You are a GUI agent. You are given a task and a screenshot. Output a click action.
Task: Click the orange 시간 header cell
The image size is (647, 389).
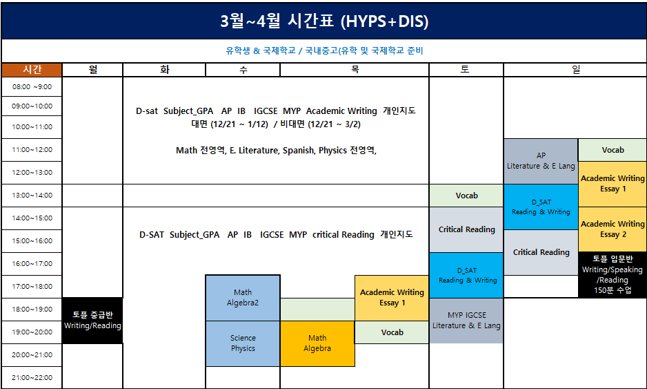(x=32, y=70)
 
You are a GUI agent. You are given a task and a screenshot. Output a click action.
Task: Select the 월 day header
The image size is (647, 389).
(x=93, y=70)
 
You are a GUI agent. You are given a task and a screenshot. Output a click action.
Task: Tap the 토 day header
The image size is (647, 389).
(x=466, y=70)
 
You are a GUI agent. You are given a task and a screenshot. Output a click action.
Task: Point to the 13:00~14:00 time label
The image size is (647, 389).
(x=32, y=195)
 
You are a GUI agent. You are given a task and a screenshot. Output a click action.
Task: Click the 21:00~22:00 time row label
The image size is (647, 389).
(x=32, y=377)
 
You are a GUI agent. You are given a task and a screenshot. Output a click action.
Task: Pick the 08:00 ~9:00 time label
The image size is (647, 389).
(x=32, y=87)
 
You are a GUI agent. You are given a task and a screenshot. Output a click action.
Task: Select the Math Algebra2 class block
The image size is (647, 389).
(x=243, y=298)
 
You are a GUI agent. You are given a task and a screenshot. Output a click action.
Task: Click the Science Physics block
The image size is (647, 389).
(x=243, y=343)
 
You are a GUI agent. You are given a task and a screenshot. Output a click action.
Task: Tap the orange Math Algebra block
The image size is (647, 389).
(x=317, y=343)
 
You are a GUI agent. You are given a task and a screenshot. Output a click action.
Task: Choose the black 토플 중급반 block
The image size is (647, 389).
(x=92, y=321)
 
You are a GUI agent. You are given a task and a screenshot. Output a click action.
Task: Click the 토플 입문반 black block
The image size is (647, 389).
(x=613, y=274)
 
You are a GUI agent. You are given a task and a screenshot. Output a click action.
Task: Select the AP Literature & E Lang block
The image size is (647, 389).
(x=541, y=161)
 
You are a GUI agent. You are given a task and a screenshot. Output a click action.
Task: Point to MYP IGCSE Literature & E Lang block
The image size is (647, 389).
(x=466, y=321)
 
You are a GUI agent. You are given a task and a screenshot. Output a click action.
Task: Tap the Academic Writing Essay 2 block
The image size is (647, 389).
(x=613, y=229)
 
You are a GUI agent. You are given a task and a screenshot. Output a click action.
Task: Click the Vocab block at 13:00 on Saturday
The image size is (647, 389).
(x=466, y=196)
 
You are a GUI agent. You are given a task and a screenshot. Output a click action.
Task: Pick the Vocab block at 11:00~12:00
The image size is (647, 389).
(x=613, y=150)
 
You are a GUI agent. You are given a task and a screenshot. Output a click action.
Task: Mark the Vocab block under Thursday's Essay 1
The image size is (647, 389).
(x=392, y=332)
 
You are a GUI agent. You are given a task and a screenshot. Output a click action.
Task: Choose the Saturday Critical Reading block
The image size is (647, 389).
(x=466, y=229)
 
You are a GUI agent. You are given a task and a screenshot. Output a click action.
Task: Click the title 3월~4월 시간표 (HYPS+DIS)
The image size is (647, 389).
(x=324, y=21)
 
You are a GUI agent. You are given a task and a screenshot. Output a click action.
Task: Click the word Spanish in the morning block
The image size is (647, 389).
(x=299, y=151)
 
